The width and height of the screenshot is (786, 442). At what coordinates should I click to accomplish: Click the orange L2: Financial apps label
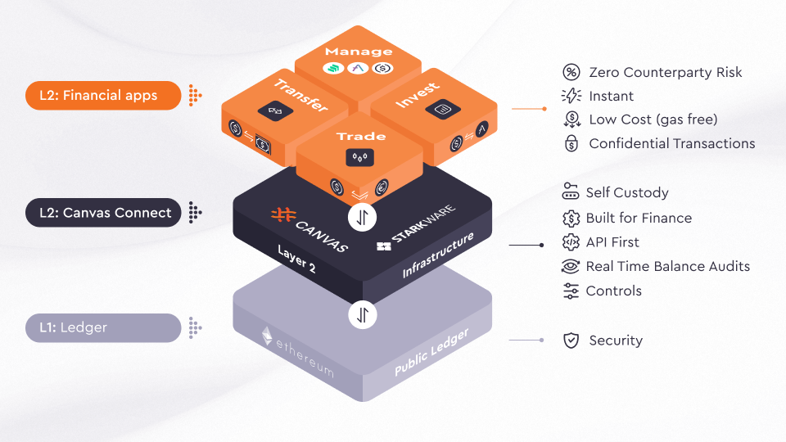point(102,95)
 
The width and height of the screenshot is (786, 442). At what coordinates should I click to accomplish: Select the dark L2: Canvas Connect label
point(102,213)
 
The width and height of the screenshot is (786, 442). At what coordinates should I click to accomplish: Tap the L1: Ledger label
point(102,328)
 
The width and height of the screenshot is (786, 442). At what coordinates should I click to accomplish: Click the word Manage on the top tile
point(359,52)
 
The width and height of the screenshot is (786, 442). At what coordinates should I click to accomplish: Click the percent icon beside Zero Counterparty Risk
point(571,72)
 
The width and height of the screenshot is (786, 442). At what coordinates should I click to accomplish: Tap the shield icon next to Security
point(571,341)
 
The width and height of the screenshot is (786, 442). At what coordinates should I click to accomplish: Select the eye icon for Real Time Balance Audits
point(571,266)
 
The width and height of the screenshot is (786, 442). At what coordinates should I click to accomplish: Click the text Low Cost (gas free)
point(653,120)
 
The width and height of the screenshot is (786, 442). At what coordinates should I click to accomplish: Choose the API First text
point(612,242)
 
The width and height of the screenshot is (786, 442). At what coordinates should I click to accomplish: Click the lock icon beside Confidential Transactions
point(571,144)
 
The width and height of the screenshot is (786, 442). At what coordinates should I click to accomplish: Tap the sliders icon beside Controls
point(571,291)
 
